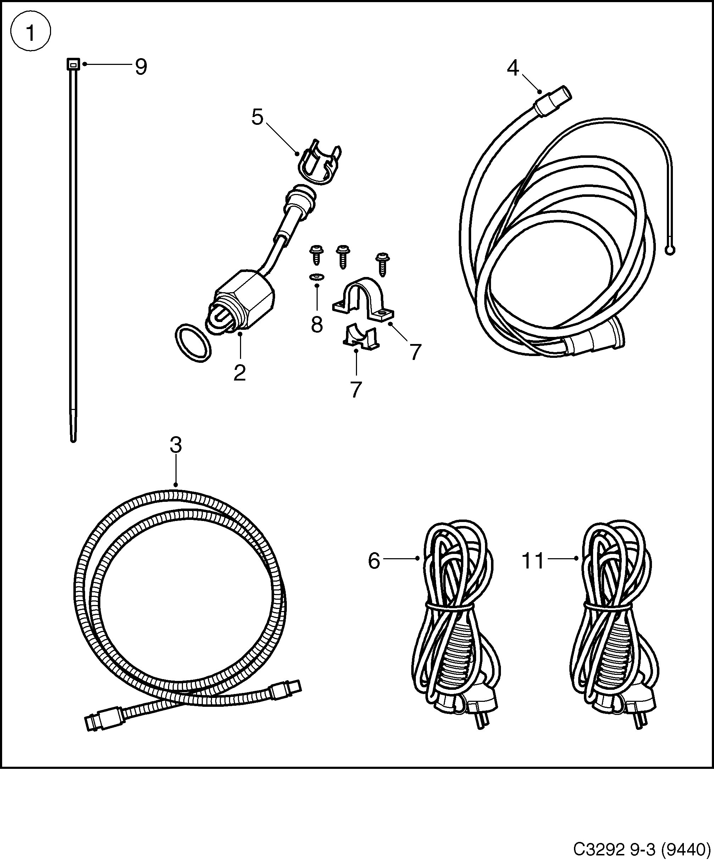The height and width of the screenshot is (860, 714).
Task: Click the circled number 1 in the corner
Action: coord(31,32)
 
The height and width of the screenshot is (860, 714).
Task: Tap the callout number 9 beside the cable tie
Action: coord(141,67)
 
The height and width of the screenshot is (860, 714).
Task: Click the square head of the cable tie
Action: coord(73,63)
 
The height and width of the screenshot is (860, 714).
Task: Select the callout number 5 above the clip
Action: coord(257,117)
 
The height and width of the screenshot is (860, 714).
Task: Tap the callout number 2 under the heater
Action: coord(240,373)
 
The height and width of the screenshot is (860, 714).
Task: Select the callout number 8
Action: coord(317,325)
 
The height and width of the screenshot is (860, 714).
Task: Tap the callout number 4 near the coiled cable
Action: coord(513,68)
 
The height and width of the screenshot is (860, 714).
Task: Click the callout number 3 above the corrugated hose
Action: coord(175,445)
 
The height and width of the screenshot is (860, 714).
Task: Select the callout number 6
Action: coord(374,561)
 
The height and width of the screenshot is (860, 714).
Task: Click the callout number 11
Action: coord(532,561)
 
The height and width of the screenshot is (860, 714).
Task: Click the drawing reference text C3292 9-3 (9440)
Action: coord(641,849)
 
